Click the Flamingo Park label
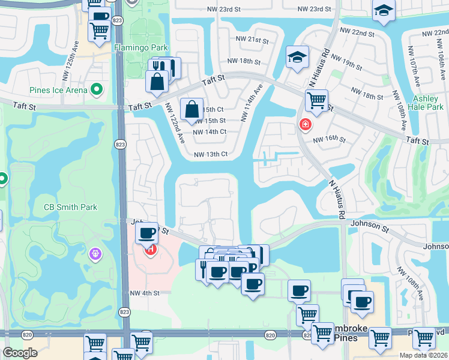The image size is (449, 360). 140,46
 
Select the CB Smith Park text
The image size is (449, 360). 70,208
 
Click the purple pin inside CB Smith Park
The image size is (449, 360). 95,254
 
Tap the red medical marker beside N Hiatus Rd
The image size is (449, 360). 306,124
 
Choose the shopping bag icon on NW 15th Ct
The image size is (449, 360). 191,110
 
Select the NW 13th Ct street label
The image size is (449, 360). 210,154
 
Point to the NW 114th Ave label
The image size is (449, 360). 253,103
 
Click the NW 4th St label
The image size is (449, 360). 145,293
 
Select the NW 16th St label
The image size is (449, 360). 330,139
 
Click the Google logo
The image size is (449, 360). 20,353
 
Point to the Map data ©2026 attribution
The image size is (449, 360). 423,355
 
